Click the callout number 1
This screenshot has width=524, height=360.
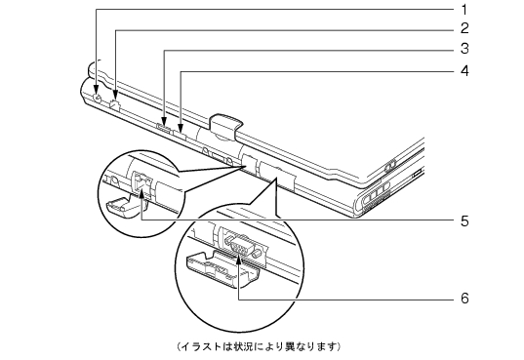(x=464, y=10)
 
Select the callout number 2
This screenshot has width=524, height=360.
(x=464, y=28)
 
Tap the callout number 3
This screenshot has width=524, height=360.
(x=464, y=49)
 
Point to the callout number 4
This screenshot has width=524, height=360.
(x=464, y=71)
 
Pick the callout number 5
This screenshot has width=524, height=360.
(x=464, y=220)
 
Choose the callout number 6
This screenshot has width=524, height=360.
(x=464, y=298)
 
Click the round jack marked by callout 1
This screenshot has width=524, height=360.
(x=97, y=99)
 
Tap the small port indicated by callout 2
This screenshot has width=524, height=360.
(x=115, y=104)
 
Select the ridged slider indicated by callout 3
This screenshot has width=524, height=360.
(x=163, y=128)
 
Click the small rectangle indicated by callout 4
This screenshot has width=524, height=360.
(x=180, y=136)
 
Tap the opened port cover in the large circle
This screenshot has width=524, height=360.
(x=222, y=269)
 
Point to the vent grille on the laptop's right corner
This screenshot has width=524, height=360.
(x=375, y=196)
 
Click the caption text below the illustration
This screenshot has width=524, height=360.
(x=258, y=346)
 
